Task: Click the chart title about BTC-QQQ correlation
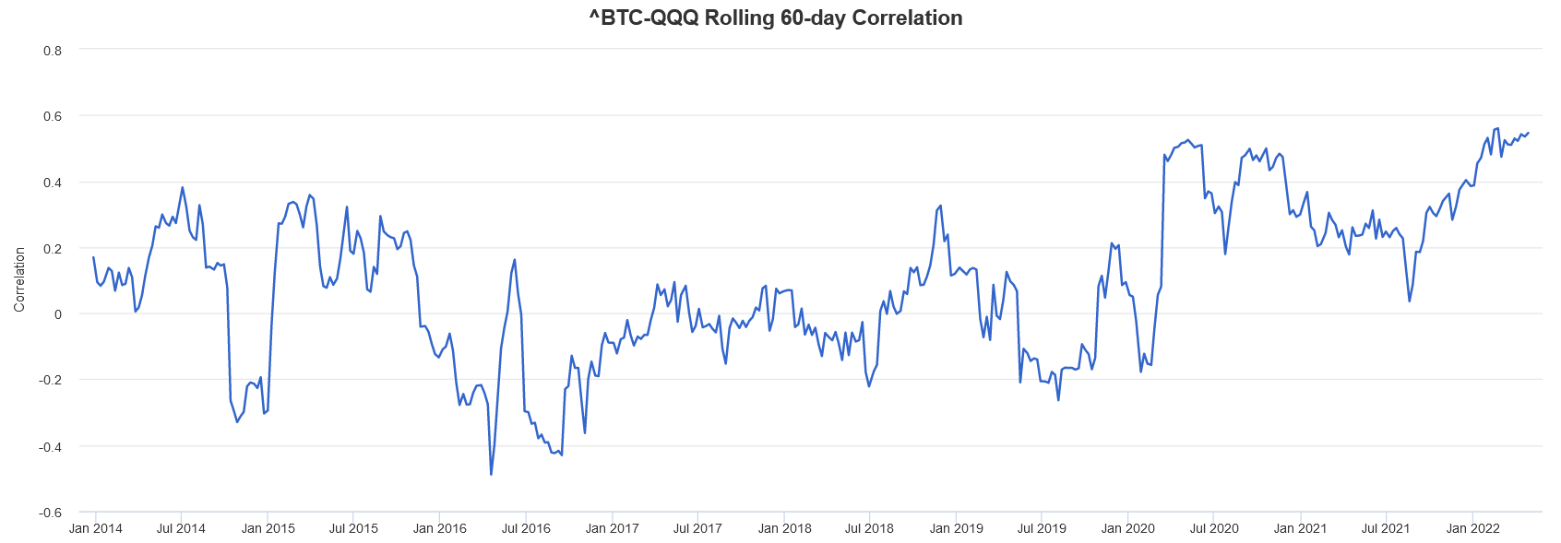776,18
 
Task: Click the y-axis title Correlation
19,279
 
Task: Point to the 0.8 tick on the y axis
53,51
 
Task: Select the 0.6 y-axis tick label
53,116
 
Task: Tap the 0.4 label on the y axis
53,183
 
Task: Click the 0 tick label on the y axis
58,314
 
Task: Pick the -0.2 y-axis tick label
51,380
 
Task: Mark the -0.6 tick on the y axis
51,513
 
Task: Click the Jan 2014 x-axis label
96,528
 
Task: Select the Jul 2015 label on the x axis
353,528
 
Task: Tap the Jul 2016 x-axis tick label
526,528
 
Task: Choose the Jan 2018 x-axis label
784,528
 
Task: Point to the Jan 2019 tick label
956,528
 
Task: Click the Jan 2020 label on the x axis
1127,528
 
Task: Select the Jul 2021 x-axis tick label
1386,528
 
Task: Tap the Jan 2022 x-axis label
1472,528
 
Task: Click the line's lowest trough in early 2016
491,475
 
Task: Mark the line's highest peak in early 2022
1497,129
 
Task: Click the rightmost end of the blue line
1529,133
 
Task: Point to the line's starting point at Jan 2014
93,257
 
